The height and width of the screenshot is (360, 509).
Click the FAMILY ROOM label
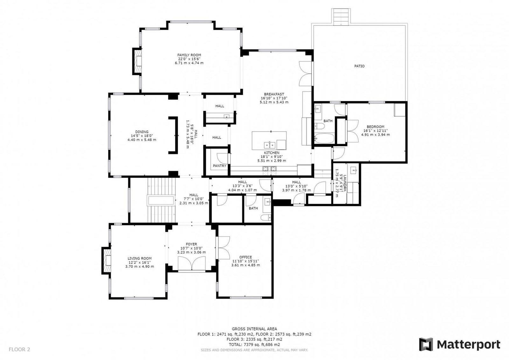pos(189,55)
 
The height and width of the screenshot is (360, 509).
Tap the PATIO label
pos(359,66)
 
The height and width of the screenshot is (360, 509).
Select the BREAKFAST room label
pos(274,94)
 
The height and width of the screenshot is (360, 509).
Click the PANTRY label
pos(220,166)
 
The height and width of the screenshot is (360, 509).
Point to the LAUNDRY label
pos(345,183)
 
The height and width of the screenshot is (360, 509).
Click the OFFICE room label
pos(246,257)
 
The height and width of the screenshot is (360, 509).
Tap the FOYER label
pos(191,244)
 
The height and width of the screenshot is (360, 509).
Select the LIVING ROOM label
pos(140,258)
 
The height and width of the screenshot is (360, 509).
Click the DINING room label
pos(142,132)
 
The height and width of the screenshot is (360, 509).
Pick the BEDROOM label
pos(376,127)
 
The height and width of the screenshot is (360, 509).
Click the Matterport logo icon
pos(426,344)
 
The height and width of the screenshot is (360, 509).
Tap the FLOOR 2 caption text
pos(19,349)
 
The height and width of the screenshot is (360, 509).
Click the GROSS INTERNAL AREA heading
pos(254,329)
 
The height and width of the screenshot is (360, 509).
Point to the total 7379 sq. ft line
pos(254,344)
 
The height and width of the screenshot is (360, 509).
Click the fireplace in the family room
pos(137,61)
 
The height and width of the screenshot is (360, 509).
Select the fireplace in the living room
pos(107,261)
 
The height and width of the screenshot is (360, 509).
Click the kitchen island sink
pos(270,145)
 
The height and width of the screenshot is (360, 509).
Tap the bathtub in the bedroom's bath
pos(324,138)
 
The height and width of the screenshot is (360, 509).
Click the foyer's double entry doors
pos(192,264)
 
